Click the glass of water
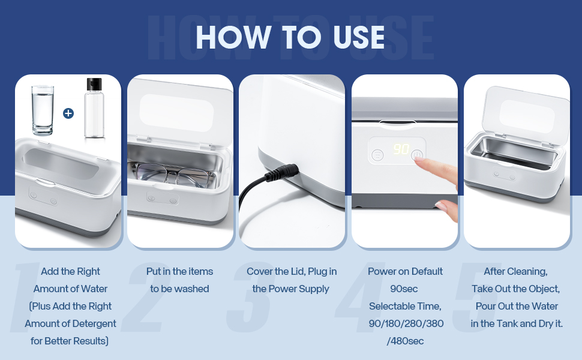click(x=41, y=110)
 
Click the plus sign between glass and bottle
click(x=68, y=113)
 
